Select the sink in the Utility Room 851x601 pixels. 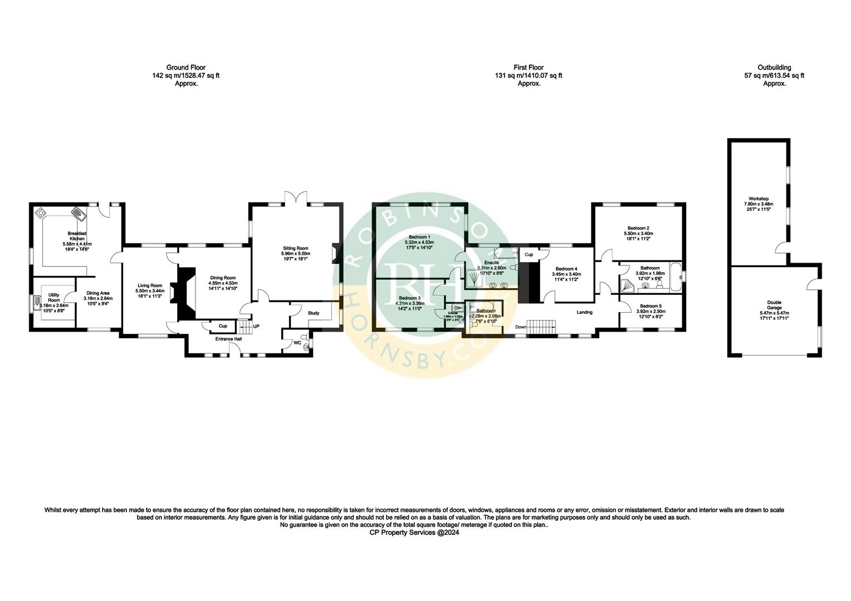point(38,303)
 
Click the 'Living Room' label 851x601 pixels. point(150,285)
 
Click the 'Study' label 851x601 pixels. point(314,313)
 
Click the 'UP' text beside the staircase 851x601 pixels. point(257,326)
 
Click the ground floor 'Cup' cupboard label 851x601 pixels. point(223,326)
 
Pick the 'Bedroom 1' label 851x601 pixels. point(419,237)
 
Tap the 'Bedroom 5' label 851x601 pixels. point(651,306)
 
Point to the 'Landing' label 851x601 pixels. point(584,312)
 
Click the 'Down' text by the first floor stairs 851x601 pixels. point(521,327)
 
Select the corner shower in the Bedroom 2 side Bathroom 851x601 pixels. point(628,285)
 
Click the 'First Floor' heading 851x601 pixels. point(529,67)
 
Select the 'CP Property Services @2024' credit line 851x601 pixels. point(414,532)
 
